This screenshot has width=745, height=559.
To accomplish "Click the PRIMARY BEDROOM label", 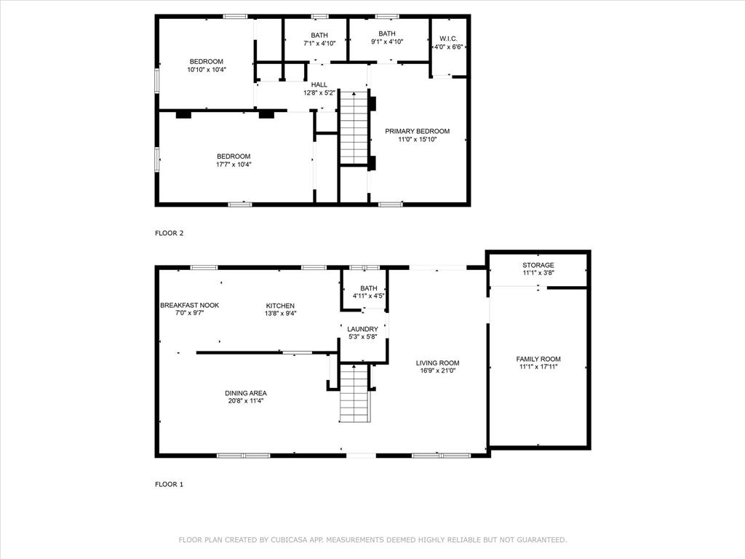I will click(417, 131).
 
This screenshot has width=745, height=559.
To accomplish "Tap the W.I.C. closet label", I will click(448, 39).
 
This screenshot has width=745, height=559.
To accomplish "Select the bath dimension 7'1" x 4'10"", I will click(319, 44).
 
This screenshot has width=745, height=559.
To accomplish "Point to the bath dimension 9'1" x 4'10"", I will click(386, 42).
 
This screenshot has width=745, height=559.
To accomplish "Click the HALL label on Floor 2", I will click(319, 84).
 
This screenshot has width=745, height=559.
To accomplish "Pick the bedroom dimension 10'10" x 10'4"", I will click(207, 70).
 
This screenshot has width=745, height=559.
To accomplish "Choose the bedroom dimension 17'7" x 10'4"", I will click(234, 164).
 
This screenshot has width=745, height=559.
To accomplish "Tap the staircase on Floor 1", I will click(355, 393).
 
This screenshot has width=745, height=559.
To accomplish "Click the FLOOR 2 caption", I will click(170, 233).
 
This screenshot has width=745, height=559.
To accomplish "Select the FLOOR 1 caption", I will click(170, 483).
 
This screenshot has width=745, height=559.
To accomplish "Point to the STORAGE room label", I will click(538, 265).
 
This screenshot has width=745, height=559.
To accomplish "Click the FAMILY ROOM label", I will click(538, 359).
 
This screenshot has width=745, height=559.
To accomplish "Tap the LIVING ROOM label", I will click(437, 362).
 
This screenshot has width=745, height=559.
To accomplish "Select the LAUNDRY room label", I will click(362, 329).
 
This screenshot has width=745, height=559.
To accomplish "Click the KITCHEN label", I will click(280, 305).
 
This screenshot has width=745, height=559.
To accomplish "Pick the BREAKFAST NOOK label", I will click(189, 305).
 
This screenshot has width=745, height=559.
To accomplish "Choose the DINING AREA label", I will click(245, 392).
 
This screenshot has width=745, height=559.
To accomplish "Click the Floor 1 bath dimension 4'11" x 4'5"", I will click(368, 296).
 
